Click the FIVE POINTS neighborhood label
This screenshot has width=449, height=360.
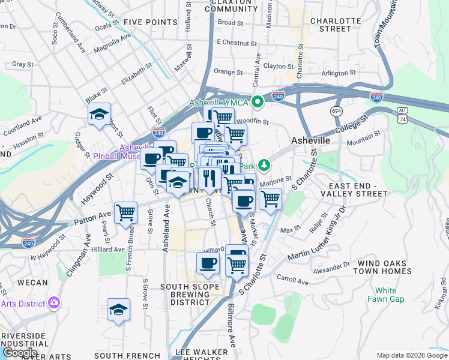point(150,22)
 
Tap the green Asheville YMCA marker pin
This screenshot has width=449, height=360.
point(258,102)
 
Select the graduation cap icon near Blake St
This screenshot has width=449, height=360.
point(99,115)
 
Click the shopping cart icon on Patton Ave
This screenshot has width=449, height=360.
point(125,212)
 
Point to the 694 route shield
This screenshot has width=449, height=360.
point(337,111)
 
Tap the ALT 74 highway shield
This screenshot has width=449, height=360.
point(403,116)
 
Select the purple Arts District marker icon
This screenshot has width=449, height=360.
point(55,303)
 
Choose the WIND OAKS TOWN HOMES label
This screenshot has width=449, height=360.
point(384,267)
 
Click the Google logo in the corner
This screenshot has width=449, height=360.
point(20,353)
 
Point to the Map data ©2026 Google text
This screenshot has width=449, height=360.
point(411,355)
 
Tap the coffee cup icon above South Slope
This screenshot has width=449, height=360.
point(208,263)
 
